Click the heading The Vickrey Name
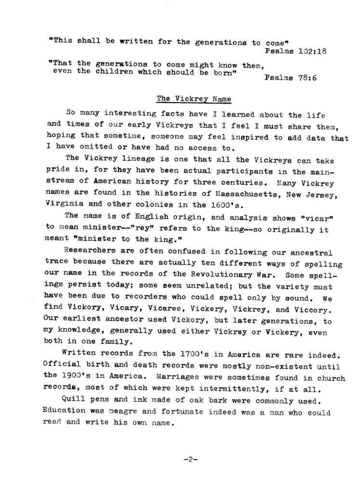[x=193, y=99]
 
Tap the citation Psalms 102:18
[x=296, y=52]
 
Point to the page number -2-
[x=191, y=459]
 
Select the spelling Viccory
[x=312, y=310]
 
